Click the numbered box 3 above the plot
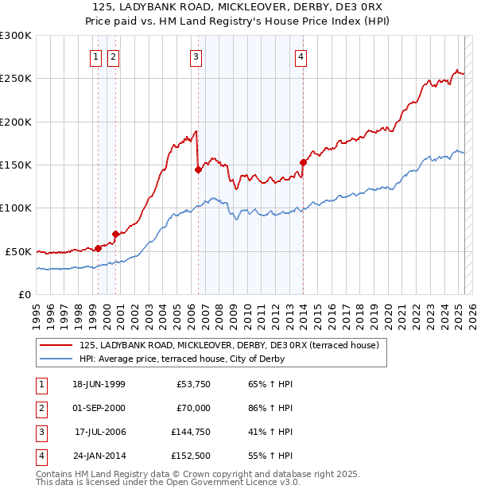tap(196, 56)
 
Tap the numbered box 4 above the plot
tap(301, 56)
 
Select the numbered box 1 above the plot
tap(95, 56)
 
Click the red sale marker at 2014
tap(303, 163)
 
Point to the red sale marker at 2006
tap(197, 169)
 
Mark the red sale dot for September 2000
tap(115, 234)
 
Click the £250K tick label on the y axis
tap(16, 79)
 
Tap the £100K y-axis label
tap(16, 208)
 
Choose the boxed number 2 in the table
tap(39, 408)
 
